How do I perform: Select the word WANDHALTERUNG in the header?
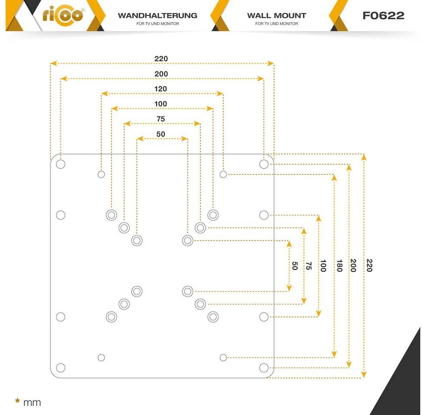158,16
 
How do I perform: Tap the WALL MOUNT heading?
277,16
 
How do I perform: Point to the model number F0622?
383,16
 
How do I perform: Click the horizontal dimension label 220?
161,58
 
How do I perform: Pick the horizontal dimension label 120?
160,89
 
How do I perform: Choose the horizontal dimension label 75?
161,119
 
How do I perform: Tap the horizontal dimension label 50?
161,134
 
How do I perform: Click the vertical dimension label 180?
340,265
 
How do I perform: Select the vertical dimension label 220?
369,265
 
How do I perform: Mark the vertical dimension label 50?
295,266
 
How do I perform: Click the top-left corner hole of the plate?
60,164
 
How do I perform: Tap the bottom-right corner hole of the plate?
264,367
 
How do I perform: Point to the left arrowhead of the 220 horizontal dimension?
54,63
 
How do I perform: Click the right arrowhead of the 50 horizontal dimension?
184,139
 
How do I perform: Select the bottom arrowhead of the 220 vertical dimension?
364,374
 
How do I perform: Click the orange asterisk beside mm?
18,401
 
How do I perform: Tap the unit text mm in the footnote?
32,403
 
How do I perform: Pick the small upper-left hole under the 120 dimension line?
101,174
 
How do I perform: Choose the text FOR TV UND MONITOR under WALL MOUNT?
277,24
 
